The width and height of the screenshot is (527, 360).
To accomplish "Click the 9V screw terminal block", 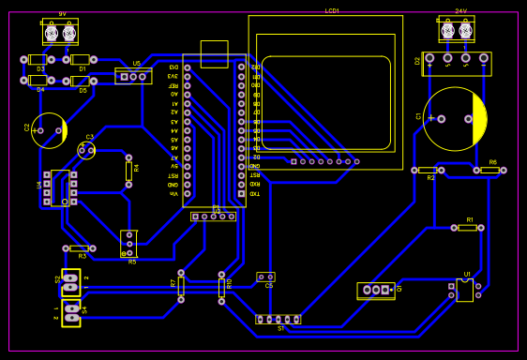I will click(60, 33).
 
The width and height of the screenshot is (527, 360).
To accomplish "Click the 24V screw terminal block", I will click(456, 30).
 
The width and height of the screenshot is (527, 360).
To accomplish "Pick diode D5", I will click(80, 81).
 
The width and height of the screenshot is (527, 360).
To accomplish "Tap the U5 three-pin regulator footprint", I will click(133, 75).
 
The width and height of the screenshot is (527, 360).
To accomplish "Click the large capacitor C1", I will click(454, 119).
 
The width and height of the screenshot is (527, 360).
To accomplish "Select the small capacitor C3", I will click(86, 149).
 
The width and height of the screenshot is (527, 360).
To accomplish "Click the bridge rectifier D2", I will click(457, 63).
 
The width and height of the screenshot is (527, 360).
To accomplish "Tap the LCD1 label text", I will click(332, 10).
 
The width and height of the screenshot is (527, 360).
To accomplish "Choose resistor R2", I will click(428, 171).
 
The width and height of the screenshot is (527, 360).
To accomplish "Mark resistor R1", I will click(467, 227).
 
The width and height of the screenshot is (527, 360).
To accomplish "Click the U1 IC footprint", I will click(465, 289).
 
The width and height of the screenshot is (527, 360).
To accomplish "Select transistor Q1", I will click(376, 291).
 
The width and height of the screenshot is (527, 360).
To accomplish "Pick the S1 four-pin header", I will click(279, 319).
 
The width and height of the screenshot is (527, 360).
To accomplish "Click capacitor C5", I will click(265, 277).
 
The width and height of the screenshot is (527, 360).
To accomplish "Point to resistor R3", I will click(79, 248).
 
